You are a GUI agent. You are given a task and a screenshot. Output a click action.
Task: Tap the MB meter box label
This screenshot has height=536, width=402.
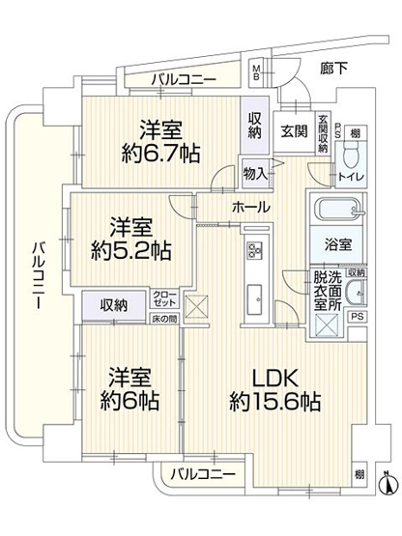coord(256,71)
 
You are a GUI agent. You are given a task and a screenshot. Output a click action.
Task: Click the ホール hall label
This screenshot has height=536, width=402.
coord(250,207)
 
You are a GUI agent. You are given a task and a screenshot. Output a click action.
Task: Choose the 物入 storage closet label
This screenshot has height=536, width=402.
coord(255,173)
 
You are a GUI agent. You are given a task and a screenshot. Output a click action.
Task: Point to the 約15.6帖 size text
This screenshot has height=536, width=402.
coord(274,402)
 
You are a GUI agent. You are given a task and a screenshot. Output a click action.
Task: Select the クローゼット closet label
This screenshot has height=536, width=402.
coord(163,298)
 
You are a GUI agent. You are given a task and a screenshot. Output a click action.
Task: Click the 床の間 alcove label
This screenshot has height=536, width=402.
coord(162,319)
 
